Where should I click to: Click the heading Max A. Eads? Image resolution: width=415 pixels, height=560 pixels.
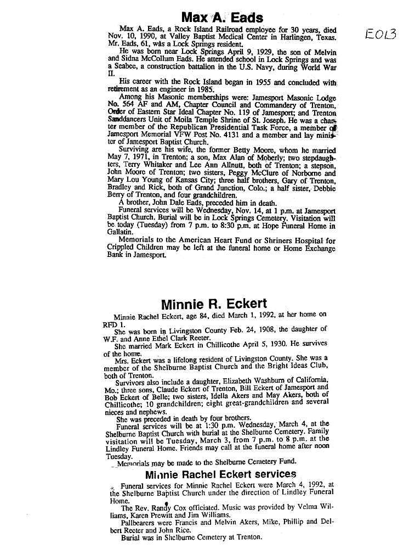click(222, 17)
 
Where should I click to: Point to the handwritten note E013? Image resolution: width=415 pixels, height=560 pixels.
click(383, 35)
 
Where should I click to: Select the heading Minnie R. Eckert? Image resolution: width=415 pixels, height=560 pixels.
click(214, 303)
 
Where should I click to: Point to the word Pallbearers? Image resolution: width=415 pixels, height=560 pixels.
click(139, 522)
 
